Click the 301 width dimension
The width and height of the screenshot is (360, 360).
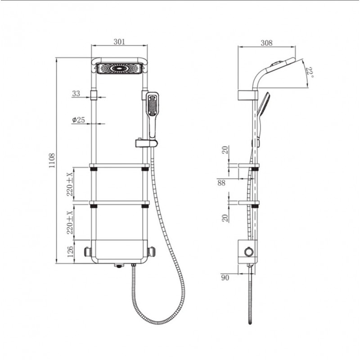pos(119,42)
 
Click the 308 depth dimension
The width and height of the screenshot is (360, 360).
pos(266,43)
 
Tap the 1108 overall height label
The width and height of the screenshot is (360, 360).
pos(52,161)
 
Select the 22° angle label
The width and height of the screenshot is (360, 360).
pos(310,72)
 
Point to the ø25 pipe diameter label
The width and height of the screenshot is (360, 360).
pos(78,120)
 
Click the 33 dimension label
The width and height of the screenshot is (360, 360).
pos(76,94)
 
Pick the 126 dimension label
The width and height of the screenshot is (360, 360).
pos(70,252)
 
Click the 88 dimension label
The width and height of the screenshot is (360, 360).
pos(221,183)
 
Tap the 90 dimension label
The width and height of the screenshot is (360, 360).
pos(225,278)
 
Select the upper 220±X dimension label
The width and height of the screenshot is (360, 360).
pos(70,184)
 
